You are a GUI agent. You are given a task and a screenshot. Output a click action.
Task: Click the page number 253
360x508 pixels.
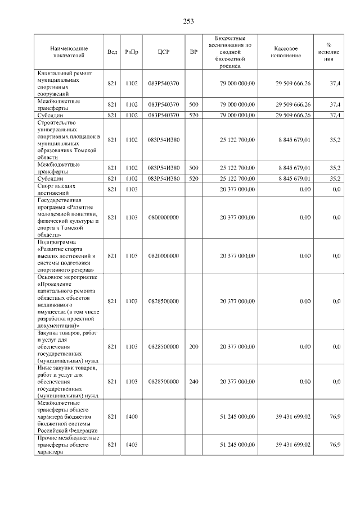(x=188, y=21)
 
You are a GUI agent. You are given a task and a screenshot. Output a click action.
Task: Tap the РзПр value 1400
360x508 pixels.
(x=132, y=417)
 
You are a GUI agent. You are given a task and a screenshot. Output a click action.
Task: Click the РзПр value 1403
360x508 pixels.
(x=132, y=445)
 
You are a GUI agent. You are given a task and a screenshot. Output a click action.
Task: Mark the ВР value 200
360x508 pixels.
(x=193, y=347)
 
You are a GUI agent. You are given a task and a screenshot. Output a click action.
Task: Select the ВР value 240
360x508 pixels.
(x=193, y=382)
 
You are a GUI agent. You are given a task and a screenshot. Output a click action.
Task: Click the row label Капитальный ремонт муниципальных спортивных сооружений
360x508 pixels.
(x=65, y=84)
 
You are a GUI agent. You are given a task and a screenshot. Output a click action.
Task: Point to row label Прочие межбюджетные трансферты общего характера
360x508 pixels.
(x=67, y=445)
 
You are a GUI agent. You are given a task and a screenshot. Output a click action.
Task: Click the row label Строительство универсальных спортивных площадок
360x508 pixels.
(x=67, y=140)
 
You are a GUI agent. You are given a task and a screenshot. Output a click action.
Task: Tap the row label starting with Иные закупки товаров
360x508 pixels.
(x=67, y=382)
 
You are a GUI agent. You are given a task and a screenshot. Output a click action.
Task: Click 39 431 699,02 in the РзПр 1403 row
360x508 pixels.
(x=292, y=445)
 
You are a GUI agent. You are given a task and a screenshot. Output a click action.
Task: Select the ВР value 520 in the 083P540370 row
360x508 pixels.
(x=193, y=115)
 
